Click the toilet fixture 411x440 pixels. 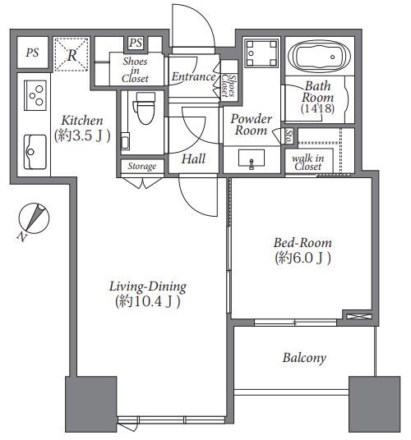pos(145,108)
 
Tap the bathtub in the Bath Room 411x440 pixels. pos(320,57)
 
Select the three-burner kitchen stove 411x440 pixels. pos(35,95)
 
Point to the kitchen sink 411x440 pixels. pos(35,152)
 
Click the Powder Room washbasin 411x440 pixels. pos(252,159)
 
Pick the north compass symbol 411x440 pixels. pos(33,219)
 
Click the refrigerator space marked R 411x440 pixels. pos(72,54)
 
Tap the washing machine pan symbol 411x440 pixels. pos(261,53)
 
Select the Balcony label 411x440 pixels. pos(304,358)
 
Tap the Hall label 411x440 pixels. pos(193,158)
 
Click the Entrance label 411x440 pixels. pos(193,76)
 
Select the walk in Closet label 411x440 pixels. pos(308,163)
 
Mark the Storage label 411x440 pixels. pos(142,167)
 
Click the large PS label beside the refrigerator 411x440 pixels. pos(32,53)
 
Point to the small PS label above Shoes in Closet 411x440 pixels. pos(136,44)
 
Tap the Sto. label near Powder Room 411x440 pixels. pos(289,135)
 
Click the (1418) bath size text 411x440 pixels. pos(318,108)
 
